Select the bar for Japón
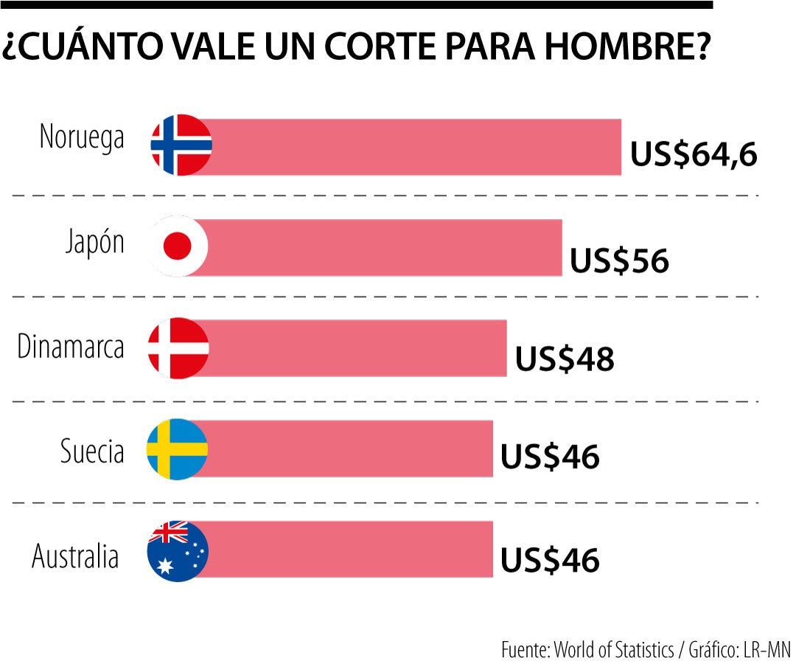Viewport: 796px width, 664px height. click(383, 247)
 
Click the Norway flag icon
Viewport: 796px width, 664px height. click(181, 145)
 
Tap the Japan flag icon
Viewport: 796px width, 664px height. click(178, 246)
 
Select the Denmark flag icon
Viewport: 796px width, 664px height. click(178, 347)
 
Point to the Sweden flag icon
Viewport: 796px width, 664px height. click(177, 449)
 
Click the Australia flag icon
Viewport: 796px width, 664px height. click(178, 550)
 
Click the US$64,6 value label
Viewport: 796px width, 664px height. click(694, 156)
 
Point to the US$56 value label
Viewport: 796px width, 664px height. click(619, 260)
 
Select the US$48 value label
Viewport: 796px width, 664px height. click(564, 359)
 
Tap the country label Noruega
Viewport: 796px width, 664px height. click(82, 137)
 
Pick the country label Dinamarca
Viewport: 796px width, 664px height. click(71, 347)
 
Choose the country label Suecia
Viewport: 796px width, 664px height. click(92, 452)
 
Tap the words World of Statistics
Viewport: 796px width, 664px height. click(614, 650)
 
